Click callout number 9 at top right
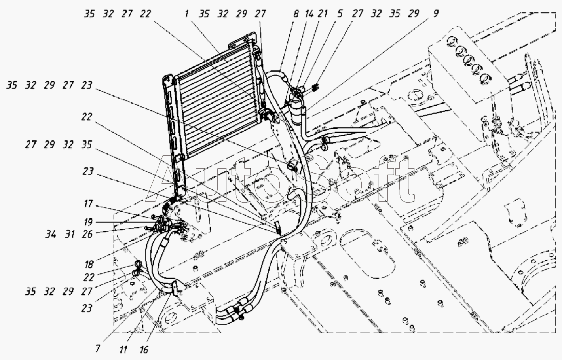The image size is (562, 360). [x=435, y=14]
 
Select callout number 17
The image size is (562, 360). [x=88, y=204]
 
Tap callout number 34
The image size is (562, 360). [x=50, y=234]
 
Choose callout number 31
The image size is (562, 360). [x=69, y=234]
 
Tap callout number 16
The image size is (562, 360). [x=144, y=350]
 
